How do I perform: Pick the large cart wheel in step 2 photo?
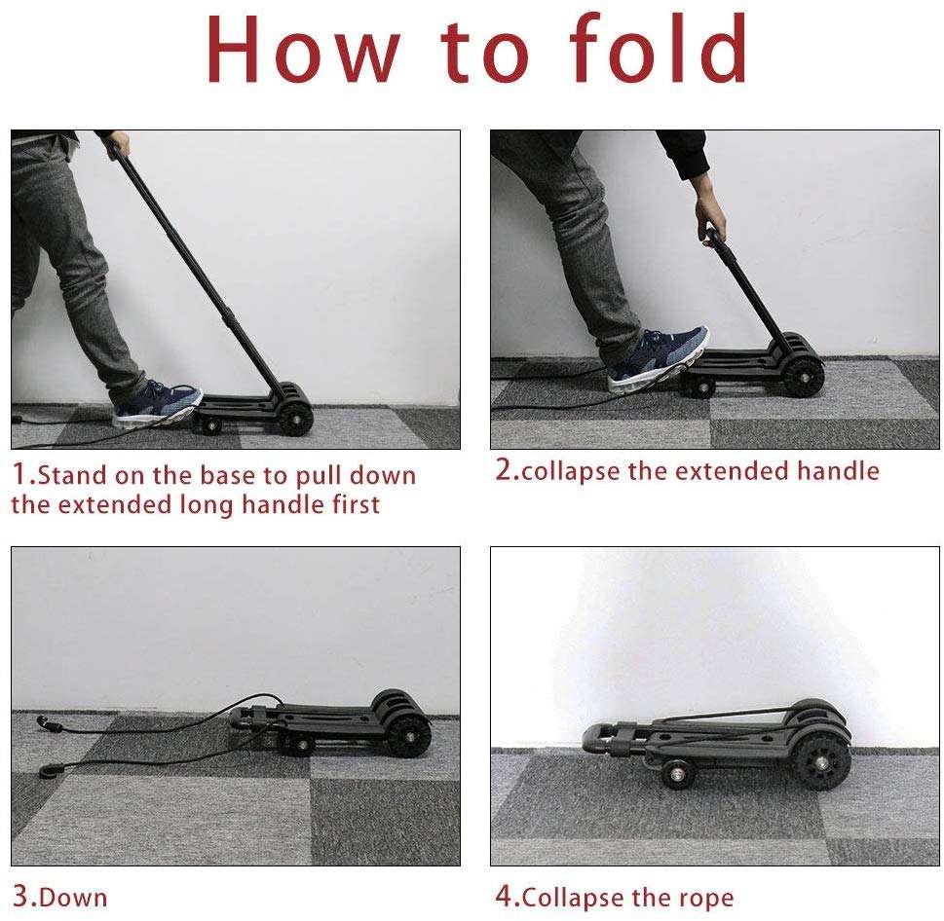point(805,376)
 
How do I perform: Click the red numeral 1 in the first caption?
point(20,475)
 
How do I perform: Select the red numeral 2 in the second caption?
point(505,470)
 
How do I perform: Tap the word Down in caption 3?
point(74,896)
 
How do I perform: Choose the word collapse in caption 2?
point(569,472)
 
